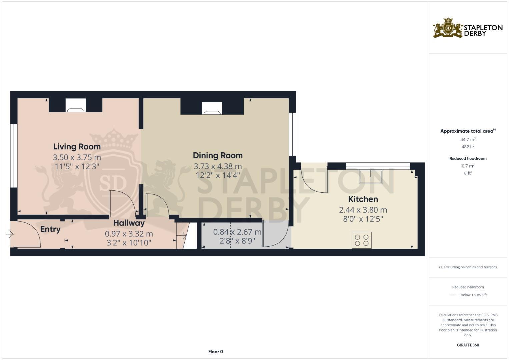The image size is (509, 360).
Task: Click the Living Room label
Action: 77,147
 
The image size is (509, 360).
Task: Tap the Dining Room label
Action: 218,155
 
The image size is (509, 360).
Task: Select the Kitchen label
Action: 363,199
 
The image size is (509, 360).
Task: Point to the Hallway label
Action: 129,223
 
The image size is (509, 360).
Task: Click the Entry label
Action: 50,229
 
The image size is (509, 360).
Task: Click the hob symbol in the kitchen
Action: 362,240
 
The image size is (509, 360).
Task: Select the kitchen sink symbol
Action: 370,177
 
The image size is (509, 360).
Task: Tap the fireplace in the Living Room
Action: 76,105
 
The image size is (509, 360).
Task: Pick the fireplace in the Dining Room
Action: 212,108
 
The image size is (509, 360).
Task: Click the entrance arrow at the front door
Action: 10,235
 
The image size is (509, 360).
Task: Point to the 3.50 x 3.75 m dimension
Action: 77,157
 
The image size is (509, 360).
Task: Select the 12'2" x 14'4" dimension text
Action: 218,175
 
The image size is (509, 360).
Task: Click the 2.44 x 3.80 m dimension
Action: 363,210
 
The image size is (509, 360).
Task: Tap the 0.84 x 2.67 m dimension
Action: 237,232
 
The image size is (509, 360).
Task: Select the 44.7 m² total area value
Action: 468,140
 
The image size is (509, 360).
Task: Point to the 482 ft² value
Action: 468,147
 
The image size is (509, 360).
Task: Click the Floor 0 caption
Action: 215,352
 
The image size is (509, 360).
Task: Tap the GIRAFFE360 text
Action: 468,345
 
